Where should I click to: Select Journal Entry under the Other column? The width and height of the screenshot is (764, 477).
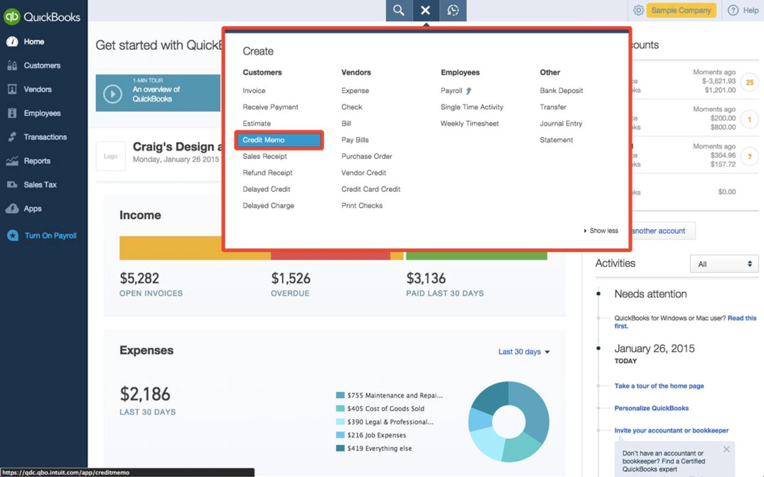click(561, 124)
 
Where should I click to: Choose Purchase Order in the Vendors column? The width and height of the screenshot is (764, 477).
click(366, 156)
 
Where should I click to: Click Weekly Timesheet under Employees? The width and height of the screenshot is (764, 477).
click(469, 124)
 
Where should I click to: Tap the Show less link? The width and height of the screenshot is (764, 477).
click(603, 231)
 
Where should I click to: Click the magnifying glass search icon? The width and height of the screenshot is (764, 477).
click(399, 10)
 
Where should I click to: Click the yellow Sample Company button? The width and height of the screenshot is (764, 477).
click(681, 10)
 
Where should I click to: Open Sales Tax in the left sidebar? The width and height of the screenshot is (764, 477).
click(40, 184)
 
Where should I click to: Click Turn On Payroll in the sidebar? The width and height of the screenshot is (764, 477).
click(50, 235)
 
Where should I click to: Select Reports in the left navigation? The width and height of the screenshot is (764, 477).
click(37, 161)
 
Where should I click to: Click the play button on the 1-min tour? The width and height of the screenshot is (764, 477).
click(113, 94)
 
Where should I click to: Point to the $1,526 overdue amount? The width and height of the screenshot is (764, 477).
click(290, 278)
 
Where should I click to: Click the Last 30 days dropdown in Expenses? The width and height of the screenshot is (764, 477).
click(524, 352)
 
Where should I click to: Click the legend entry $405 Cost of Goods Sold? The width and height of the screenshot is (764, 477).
click(385, 409)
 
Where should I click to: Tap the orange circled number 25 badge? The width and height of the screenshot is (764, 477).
click(749, 82)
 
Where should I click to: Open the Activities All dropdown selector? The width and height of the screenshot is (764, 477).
click(724, 264)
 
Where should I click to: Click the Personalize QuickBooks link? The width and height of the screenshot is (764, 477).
click(651, 408)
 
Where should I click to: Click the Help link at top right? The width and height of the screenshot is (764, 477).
click(743, 10)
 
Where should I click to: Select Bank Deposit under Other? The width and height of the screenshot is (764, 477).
click(561, 91)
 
